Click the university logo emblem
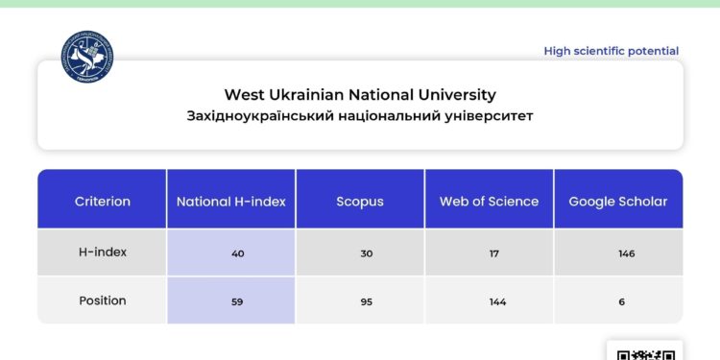pos(86,56)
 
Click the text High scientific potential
pos(611,51)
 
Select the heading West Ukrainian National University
pos(360,94)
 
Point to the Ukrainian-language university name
pos(360,116)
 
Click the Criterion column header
pos(103,202)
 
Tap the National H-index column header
pos(231,202)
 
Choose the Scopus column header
pos(360,202)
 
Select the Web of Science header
pos(489,202)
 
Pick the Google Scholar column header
pos(617,202)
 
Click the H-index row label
pos(103,252)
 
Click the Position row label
pos(103,300)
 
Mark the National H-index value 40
pos(237,253)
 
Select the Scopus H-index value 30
pos(366,253)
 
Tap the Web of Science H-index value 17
pos(494,253)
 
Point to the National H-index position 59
pos(237,301)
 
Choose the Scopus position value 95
pos(366,301)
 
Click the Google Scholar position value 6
pos(623,301)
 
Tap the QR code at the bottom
pos(644,351)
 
